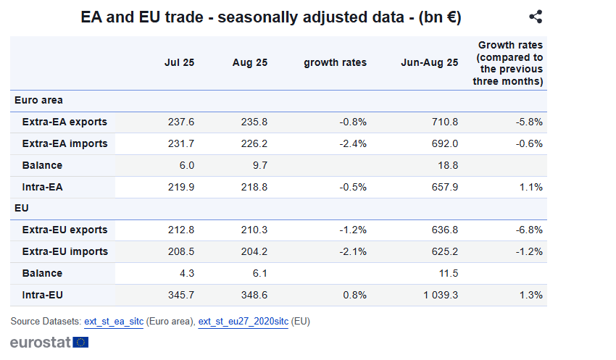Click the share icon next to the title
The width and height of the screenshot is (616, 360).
coord(536,17)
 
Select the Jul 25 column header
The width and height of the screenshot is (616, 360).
coord(179,62)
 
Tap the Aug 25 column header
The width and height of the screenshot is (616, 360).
coord(250,62)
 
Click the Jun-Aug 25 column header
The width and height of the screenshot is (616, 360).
coord(429,62)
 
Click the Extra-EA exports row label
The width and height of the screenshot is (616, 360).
coord(64,122)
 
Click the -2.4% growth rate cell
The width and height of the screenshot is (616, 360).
coord(353,143)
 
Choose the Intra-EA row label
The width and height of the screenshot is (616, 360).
coord(43,187)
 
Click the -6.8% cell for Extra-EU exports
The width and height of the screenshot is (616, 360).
coord(529,230)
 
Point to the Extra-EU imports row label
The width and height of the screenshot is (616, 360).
coord(65,251)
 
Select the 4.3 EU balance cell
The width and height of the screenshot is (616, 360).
coord(186,273)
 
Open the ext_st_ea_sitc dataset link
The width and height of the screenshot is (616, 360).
coord(114,321)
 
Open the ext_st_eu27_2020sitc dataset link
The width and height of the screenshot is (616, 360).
coord(243,321)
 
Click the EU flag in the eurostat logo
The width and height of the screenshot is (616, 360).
coord(80,342)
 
